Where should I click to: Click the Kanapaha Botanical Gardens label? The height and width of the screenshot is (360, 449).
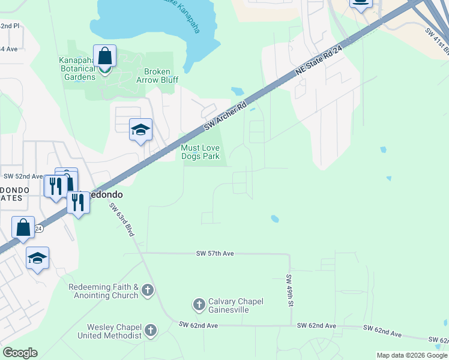(77, 68)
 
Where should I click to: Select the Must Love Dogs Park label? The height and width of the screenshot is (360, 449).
(200, 152)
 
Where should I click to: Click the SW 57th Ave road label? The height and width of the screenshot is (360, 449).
(215, 254)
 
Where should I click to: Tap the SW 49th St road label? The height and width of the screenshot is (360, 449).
(289, 290)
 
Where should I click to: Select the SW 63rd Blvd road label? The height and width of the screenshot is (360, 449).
(122, 220)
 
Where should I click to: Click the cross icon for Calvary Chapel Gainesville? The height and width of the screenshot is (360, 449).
(199, 305)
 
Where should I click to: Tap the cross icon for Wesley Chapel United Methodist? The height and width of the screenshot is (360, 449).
(151, 330)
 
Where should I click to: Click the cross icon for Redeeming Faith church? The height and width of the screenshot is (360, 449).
(148, 291)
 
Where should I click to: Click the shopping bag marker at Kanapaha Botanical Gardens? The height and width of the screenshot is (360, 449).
(104, 56)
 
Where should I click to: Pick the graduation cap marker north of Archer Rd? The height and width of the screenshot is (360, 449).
(140, 130)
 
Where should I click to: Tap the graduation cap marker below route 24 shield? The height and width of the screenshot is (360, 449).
(37, 258)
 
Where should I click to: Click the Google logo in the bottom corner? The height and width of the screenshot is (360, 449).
(20, 353)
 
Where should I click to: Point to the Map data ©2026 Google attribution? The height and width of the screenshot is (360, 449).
(411, 355)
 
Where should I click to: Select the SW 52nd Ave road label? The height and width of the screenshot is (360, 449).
(23, 176)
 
